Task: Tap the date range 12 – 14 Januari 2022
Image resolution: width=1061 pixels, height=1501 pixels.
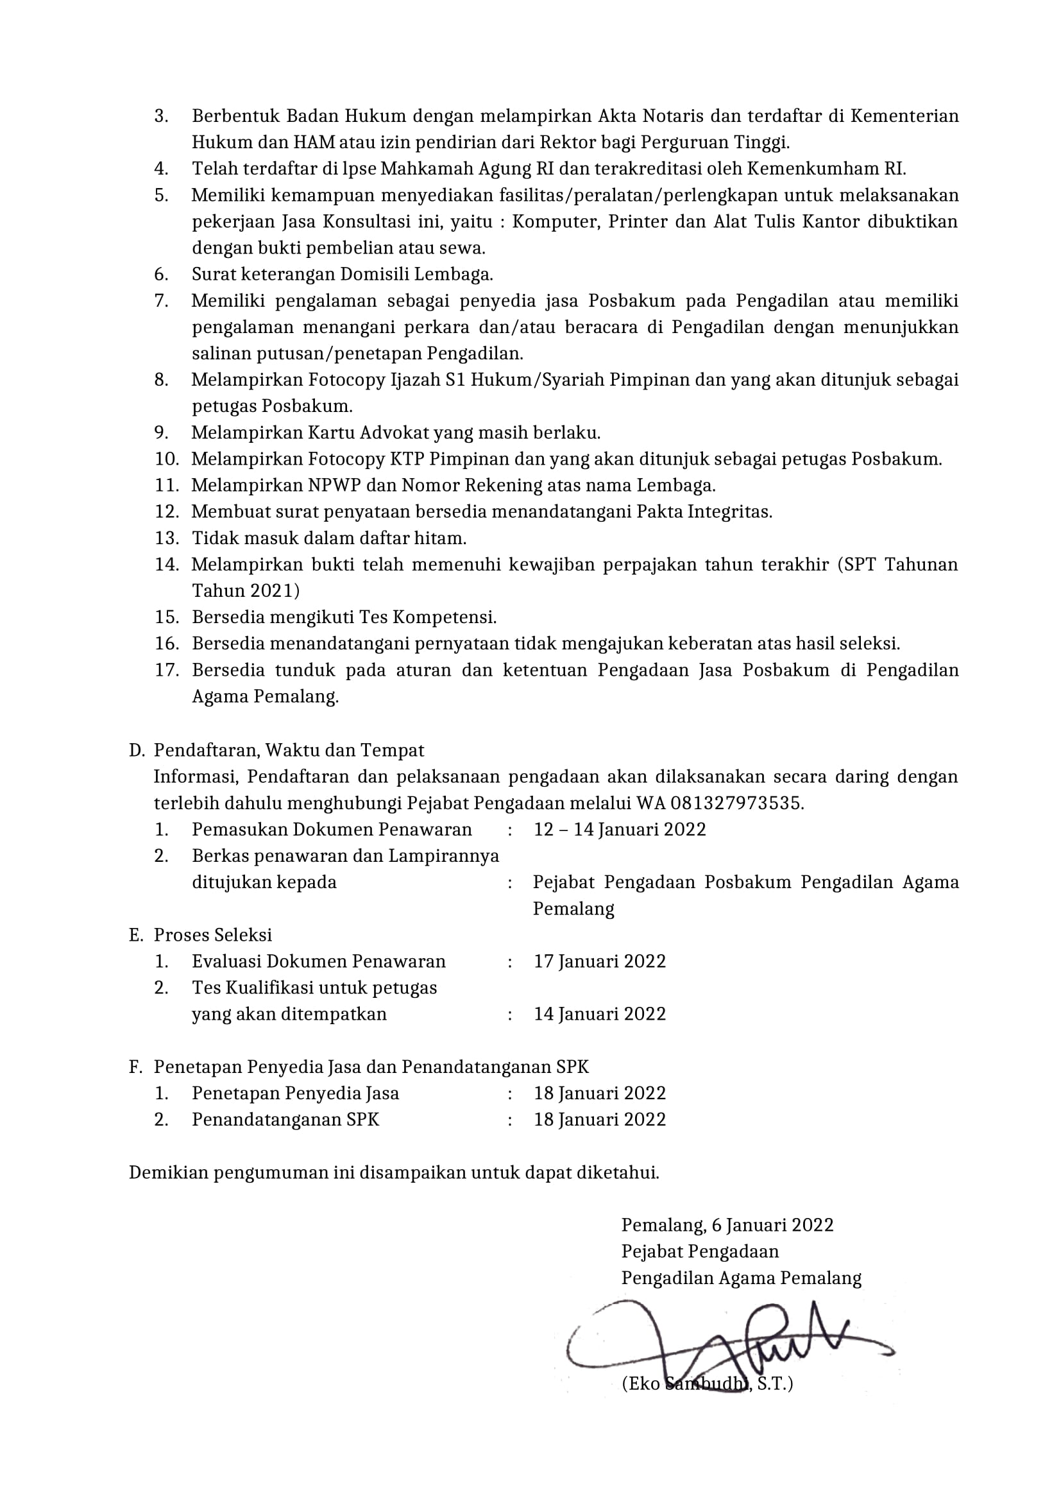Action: coord(620,829)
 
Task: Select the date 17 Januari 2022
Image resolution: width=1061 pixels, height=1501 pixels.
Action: coord(599,961)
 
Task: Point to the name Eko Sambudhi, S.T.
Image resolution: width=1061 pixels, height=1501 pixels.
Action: coord(707,1384)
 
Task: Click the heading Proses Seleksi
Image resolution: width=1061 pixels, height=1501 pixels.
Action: coord(213,935)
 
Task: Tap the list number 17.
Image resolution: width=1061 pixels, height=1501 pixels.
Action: coord(167,670)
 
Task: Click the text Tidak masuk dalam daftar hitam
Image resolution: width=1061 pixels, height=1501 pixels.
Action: coord(328,538)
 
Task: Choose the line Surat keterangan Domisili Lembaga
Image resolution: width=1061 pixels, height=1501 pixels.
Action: coord(343,274)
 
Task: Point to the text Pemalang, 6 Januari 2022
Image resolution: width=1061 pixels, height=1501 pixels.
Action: coord(727,1224)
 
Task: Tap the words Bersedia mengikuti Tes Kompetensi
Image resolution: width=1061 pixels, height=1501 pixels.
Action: coord(344,617)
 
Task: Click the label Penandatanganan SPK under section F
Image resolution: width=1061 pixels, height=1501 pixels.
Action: coord(285,1119)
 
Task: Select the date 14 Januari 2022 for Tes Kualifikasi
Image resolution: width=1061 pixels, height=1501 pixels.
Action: coord(599,1014)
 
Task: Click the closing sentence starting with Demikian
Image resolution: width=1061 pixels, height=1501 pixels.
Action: coord(394,1172)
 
